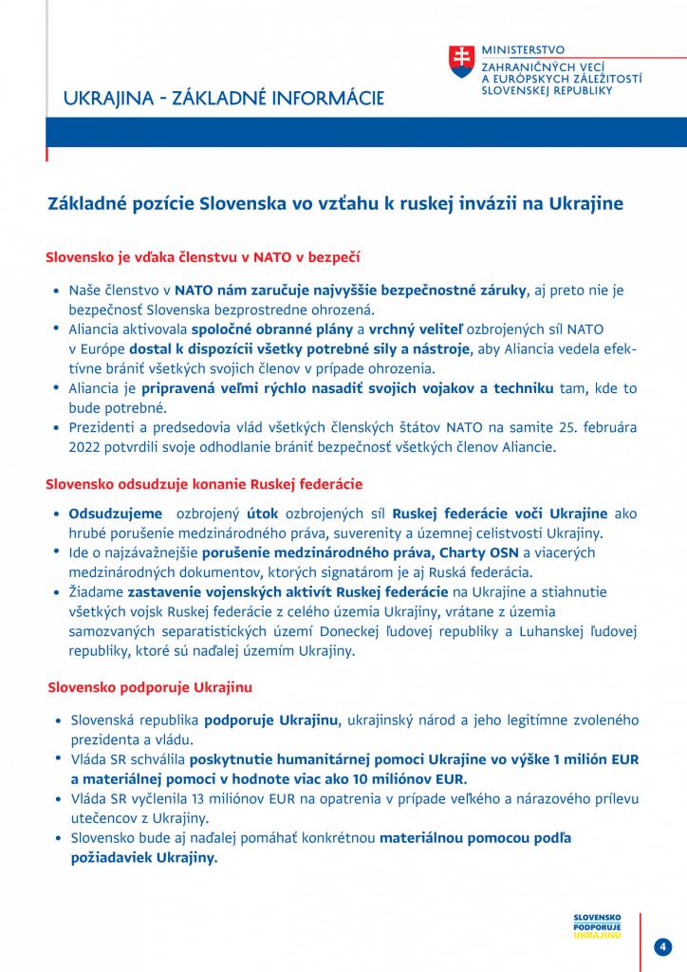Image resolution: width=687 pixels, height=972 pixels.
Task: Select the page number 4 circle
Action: pos(664,946)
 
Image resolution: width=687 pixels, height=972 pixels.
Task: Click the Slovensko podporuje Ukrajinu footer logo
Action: pos(598,925)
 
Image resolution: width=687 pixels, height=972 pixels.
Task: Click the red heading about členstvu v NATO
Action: pos(202,256)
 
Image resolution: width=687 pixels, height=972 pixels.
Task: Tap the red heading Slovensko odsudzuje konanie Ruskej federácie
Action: pos(204,485)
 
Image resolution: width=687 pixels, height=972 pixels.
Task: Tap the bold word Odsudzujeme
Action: pos(108,514)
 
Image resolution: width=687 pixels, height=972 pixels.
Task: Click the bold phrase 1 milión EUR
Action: pos(589,759)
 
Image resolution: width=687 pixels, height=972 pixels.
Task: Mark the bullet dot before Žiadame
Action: pos(59,591)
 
